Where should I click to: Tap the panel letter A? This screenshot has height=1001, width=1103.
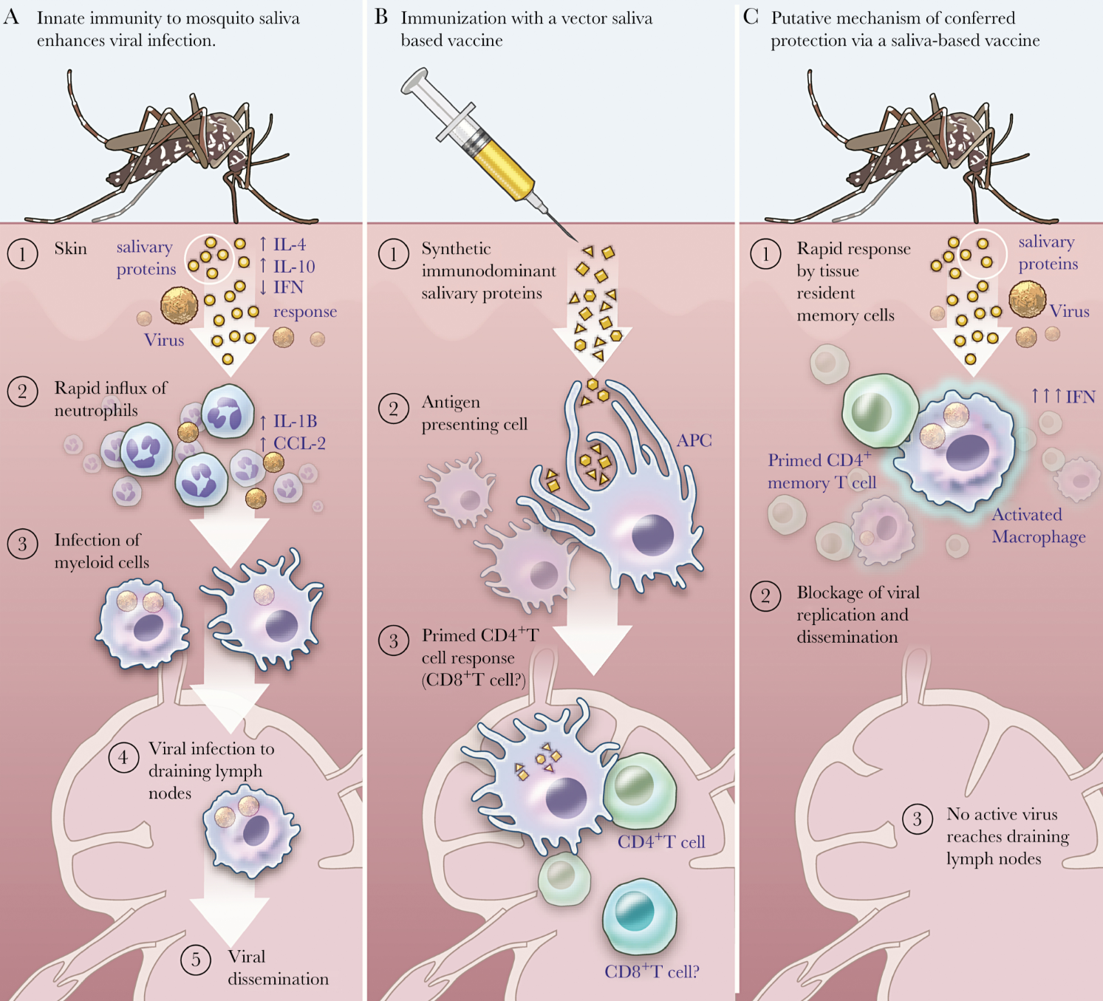click(11, 17)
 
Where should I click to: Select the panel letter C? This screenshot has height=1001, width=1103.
click(751, 17)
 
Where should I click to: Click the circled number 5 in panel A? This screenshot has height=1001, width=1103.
click(196, 960)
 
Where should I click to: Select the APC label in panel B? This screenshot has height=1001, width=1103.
click(694, 440)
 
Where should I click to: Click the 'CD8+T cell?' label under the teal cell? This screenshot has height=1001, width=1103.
click(652, 971)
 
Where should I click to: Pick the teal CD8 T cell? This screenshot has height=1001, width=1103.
click(639, 916)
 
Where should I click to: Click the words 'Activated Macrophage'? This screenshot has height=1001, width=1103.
click(1038, 525)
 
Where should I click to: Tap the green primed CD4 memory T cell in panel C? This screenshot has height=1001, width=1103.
click(880, 411)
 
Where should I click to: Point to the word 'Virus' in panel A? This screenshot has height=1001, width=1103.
click(164, 340)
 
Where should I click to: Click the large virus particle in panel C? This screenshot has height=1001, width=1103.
click(1027, 299)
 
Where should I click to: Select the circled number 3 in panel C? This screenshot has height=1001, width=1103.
click(917, 819)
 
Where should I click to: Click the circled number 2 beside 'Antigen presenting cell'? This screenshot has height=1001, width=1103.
click(393, 408)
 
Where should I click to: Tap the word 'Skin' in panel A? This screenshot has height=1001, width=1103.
click(70, 248)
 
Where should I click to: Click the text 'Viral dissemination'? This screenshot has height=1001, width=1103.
click(277, 968)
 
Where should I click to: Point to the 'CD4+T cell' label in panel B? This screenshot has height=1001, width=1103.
click(661, 841)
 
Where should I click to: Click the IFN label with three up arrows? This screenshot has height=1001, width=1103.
click(1063, 397)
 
